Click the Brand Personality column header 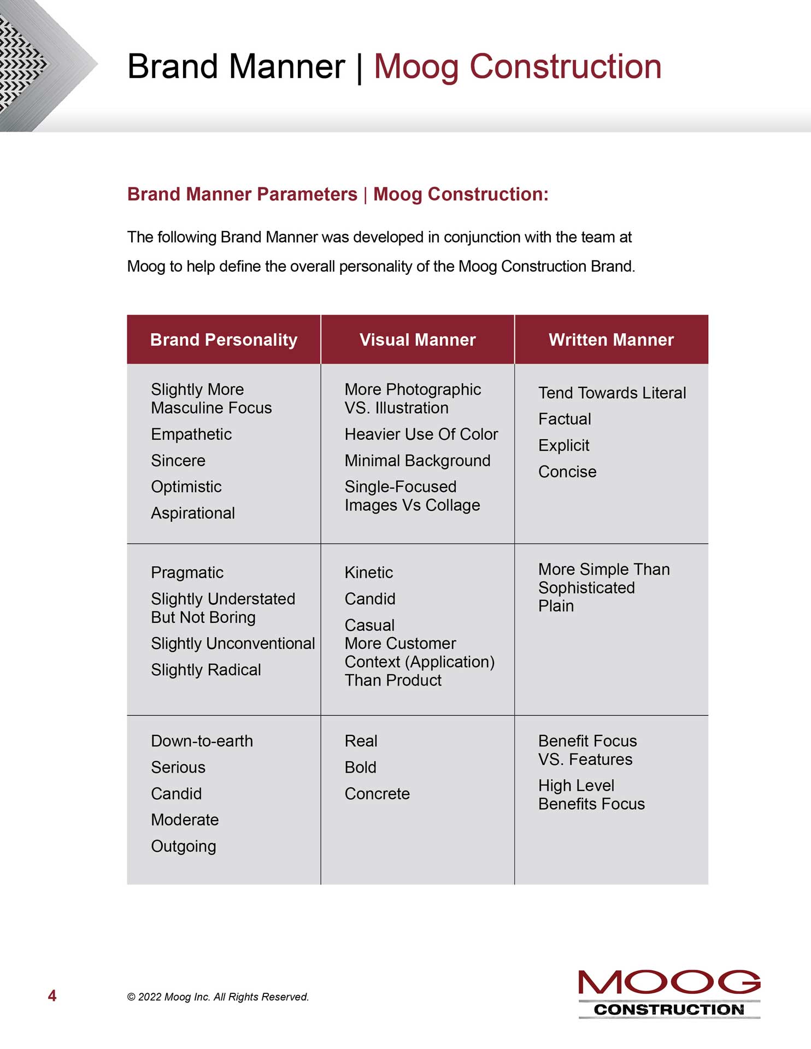tap(224, 340)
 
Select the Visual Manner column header tap(418, 340)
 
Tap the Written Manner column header tap(611, 340)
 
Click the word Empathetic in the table tap(191, 434)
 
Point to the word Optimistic tap(186, 487)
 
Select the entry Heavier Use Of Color tap(421, 434)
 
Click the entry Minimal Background tap(418, 461)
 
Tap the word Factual tap(565, 419)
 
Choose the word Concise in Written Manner tap(567, 472)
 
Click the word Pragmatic tap(187, 573)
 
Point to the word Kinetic tap(369, 573)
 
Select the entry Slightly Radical tap(206, 670)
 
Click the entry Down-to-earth tap(202, 741)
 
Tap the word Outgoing tap(184, 846)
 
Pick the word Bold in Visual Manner tap(361, 767)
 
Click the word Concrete tap(377, 794)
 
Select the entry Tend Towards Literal tap(612, 393)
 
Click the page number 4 tap(52, 996)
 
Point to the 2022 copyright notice tap(218, 997)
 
